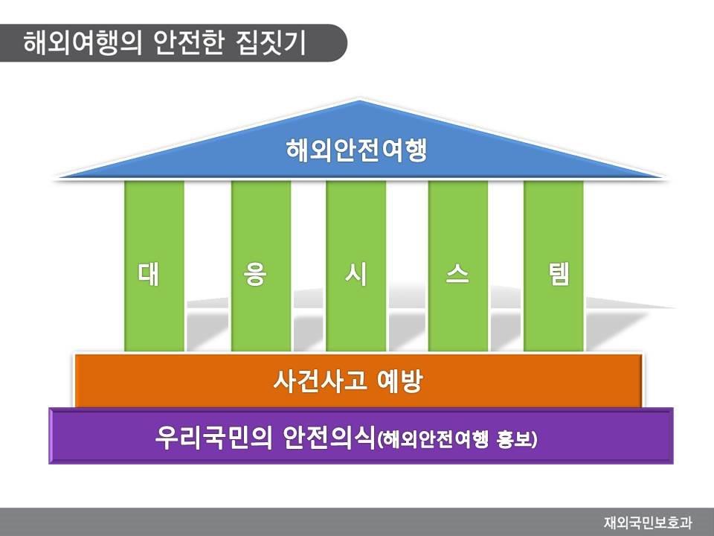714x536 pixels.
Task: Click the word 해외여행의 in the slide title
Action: pos(83,43)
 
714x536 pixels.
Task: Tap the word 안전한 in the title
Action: pos(189,43)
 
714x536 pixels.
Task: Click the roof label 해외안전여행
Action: pos(356,150)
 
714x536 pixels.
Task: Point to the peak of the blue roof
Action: pos(360,100)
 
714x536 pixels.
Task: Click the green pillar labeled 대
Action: pos(155,266)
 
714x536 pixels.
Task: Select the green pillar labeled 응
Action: pos(261,266)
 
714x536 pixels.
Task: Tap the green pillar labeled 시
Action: pos(356,266)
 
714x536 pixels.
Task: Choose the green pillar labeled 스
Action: pos(458,266)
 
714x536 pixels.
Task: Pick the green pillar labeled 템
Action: pos(553,266)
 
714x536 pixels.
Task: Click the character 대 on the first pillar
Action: pos(149,274)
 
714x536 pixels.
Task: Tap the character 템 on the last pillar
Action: pos(559,274)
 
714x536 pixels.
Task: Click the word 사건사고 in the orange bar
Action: pos(320,380)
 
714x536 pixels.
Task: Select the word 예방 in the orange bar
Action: pos(400,380)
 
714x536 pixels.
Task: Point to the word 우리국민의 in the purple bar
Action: pos(213,438)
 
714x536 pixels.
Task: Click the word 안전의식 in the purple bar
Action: pos(329,438)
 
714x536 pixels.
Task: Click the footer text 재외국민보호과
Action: pos(649,523)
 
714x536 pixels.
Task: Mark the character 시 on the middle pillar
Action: pos(356,274)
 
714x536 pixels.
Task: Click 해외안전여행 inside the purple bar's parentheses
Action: pos(435,440)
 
